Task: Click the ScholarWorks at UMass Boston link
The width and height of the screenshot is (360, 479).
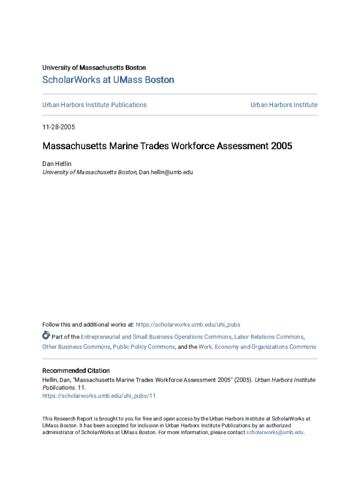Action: tap(108, 80)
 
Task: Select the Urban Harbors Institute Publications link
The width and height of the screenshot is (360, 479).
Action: tap(94, 105)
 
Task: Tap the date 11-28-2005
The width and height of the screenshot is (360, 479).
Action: tap(58, 127)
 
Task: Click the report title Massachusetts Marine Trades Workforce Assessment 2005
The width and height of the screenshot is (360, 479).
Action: tap(167, 146)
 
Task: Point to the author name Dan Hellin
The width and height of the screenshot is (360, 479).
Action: tap(57, 164)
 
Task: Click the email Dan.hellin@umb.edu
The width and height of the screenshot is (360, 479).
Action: tap(166, 172)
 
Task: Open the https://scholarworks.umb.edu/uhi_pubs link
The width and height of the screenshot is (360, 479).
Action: tap(188, 325)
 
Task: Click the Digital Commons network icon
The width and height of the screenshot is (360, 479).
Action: tap(46, 335)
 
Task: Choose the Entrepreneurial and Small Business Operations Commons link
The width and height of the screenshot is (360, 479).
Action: tap(156, 337)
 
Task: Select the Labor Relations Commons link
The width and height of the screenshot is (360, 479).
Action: tap(268, 337)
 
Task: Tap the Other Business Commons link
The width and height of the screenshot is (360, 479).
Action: tap(76, 347)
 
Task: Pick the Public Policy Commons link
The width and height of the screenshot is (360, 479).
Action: tap(144, 347)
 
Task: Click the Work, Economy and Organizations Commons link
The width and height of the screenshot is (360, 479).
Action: tap(257, 347)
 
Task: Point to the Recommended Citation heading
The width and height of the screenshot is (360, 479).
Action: tap(76, 370)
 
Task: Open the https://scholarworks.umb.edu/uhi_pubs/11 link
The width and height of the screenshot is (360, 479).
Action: tap(99, 396)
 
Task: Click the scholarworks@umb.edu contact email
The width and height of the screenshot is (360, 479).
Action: tap(274, 432)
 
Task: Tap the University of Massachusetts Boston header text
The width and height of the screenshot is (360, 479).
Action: tap(94, 68)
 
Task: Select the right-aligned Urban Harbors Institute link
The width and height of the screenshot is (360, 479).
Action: tap(284, 105)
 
